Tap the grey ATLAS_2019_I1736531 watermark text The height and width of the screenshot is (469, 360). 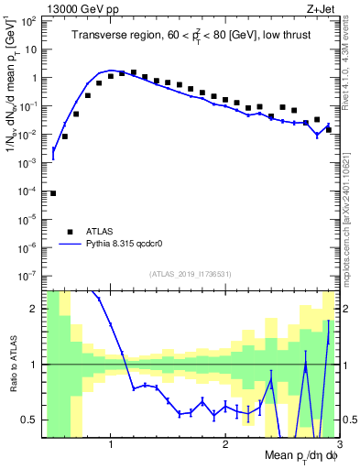(190, 274)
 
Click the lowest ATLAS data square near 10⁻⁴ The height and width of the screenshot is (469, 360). (53, 193)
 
